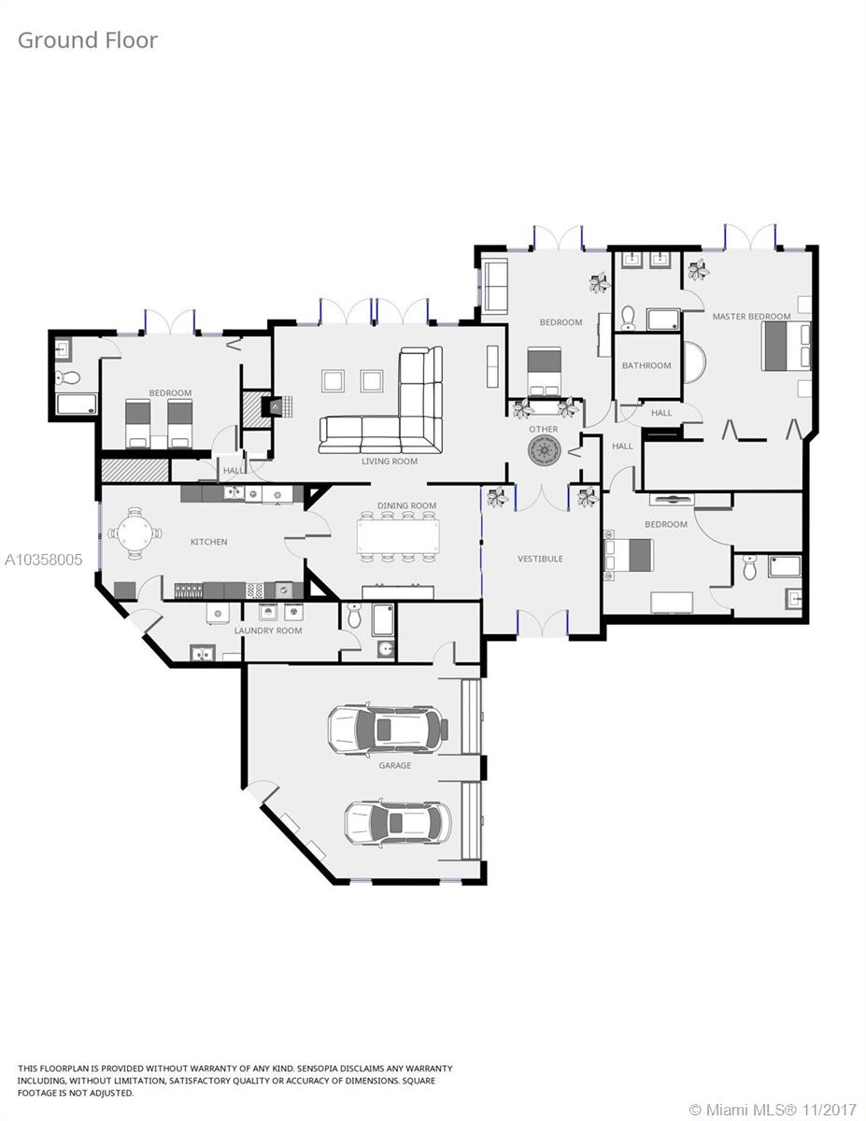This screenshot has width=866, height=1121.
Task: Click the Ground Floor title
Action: pos(88,40)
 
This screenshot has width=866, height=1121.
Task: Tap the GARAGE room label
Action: pos(394,765)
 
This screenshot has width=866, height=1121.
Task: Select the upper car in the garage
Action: pos(387,729)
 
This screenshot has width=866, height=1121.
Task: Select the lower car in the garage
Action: pos(397,822)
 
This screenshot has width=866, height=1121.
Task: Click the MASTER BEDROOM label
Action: pos(751,317)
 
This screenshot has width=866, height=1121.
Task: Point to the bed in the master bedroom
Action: pos(785,347)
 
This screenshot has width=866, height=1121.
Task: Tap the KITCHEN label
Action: pos(208,542)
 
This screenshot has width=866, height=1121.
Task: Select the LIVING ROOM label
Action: pos(390,461)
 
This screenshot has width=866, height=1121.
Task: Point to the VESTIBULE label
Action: pos(540,559)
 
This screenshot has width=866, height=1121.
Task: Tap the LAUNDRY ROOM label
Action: pos(268,631)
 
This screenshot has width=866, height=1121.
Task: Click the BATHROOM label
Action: pos(646,365)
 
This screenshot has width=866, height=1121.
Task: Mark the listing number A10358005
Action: pos(43,560)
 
